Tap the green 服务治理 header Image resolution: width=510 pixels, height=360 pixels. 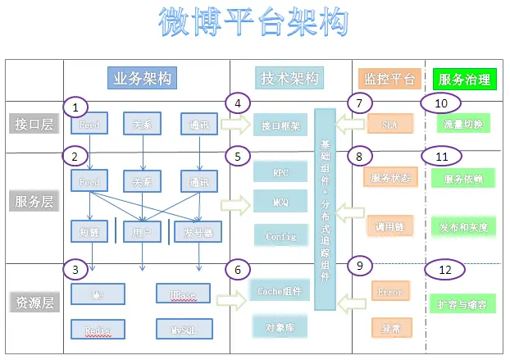point(465,80)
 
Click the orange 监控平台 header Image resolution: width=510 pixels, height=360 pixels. point(389,79)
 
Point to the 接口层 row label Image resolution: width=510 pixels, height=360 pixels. point(33,125)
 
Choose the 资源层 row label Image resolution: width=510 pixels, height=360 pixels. point(33,303)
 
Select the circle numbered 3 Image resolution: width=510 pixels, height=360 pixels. point(75,269)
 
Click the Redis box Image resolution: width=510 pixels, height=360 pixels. point(98,330)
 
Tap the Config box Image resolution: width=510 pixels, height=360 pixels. point(280,235)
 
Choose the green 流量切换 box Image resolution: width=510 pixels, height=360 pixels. point(464,124)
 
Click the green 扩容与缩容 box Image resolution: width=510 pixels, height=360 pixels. point(464,303)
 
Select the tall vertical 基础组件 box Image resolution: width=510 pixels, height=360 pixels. point(326,210)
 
